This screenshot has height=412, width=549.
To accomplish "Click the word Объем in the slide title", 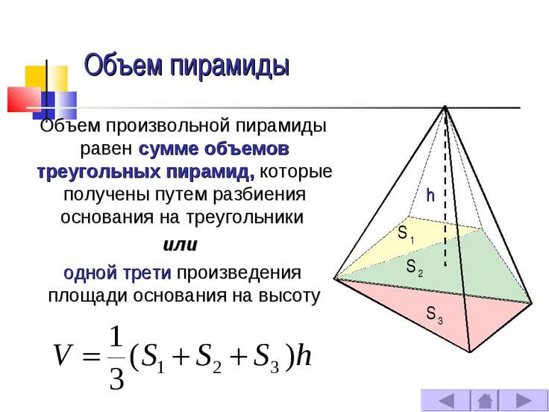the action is (x=124, y=65).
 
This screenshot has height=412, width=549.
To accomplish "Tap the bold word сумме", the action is (x=168, y=149).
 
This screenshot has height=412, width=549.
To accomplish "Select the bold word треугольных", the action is (x=98, y=172).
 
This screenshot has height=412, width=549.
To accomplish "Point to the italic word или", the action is (x=181, y=245).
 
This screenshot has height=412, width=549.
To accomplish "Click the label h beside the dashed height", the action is (x=430, y=195).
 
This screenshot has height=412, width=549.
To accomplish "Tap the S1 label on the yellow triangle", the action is (x=406, y=234).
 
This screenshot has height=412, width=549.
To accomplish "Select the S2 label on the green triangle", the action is (x=415, y=268).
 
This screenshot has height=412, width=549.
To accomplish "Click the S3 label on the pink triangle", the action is (x=435, y=314).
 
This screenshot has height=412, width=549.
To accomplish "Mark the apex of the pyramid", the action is (x=445, y=106).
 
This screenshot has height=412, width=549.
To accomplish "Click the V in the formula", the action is (x=64, y=355).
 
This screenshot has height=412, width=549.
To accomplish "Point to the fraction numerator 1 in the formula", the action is (x=116, y=337).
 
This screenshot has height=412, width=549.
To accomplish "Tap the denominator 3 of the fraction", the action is (x=117, y=378).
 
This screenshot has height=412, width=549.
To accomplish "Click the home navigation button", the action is (x=485, y=401).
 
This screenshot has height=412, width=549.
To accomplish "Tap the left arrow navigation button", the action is (x=445, y=401).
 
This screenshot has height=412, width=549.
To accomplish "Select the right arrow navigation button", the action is (x=524, y=401).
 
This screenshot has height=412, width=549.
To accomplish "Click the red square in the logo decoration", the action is (x=24, y=99).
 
